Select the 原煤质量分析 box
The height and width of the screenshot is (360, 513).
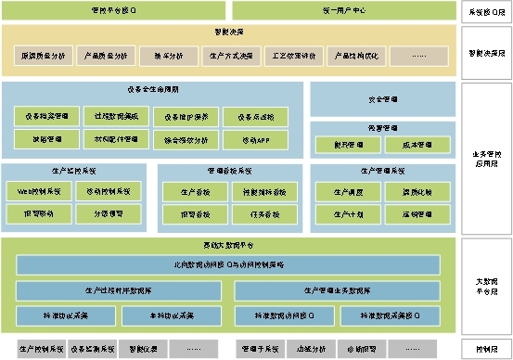pos(43,56)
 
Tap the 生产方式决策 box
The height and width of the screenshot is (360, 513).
pos(230,56)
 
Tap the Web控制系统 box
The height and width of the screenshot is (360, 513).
pos(39,191)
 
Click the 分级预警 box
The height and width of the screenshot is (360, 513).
pos(109,212)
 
